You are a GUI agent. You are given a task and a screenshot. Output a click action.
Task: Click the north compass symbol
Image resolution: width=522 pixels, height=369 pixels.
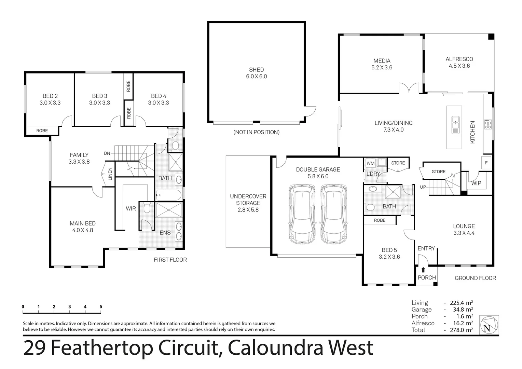[489, 325]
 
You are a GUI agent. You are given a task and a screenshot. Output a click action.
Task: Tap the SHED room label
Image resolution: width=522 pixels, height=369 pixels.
[256, 70]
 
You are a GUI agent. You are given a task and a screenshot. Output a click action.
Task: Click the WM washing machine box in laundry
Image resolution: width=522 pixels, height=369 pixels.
[370, 163]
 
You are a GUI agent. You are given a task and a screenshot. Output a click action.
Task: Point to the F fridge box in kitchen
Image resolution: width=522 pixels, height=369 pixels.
[486, 163]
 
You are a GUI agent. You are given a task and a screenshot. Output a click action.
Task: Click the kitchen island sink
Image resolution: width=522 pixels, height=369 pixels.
[455, 125]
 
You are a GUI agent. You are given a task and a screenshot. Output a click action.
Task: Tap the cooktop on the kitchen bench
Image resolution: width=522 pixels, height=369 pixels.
[487, 124]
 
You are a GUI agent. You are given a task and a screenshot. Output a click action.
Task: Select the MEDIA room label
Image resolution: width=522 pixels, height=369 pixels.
[382, 61]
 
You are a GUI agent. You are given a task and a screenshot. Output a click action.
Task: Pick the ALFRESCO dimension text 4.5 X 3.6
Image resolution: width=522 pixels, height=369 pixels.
[459, 66]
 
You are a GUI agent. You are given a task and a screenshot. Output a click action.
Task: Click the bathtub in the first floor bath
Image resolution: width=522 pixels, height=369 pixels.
[169, 196]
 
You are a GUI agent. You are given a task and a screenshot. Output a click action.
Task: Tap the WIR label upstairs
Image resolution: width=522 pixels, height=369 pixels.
[131, 208]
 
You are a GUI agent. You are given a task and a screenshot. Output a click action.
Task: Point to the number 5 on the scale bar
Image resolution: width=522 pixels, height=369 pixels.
[101, 306]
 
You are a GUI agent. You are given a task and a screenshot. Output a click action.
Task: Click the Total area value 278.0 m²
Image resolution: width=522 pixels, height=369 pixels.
[462, 330]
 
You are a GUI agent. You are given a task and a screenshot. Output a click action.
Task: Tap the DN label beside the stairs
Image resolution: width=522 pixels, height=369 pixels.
[107, 153]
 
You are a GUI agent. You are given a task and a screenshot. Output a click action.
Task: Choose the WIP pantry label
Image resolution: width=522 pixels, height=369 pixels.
[476, 183]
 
